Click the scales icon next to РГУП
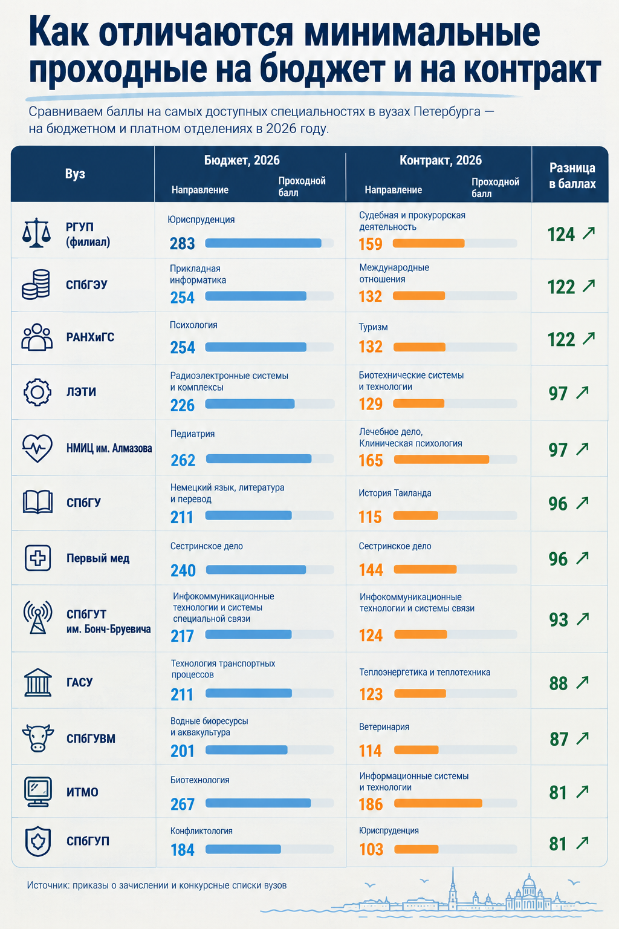click(36, 233)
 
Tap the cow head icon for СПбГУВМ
click(37, 738)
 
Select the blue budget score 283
click(182, 244)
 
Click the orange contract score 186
click(371, 804)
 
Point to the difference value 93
click(559, 619)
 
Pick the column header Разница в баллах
click(572, 175)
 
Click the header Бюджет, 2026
click(242, 160)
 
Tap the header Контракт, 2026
click(440, 160)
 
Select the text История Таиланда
click(395, 493)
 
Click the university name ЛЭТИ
click(81, 392)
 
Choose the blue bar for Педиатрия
click(259, 458)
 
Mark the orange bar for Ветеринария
click(416, 749)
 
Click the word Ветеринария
click(384, 726)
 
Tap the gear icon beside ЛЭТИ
click(37, 392)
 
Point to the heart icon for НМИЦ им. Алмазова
click(37, 448)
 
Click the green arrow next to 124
click(589, 233)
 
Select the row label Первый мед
click(98, 558)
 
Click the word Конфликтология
click(201, 830)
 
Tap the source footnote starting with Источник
click(157, 885)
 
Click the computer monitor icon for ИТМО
click(37, 791)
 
